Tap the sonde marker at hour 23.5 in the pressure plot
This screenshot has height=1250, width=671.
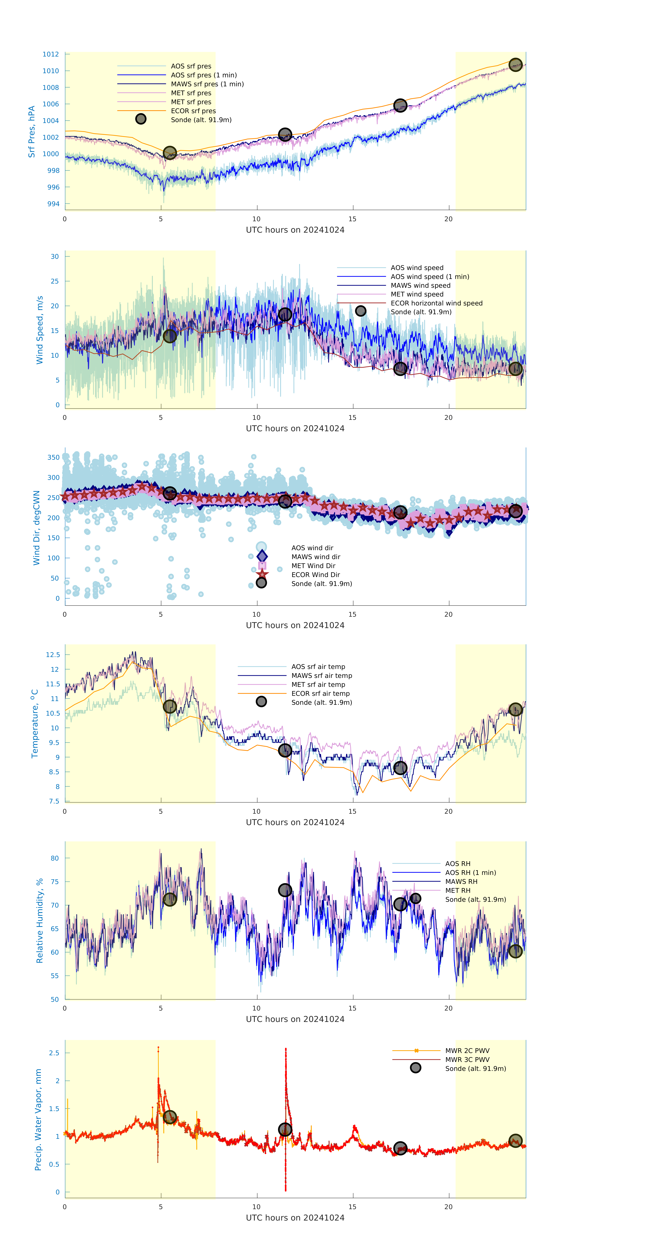pyautogui.click(x=515, y=65)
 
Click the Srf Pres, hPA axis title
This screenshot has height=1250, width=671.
pyautogui.click(x=32, y=132)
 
